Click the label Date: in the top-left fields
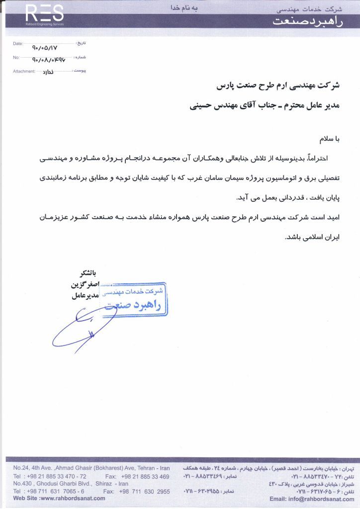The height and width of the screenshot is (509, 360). tap(18, 44)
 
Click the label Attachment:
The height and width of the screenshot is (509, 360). tap(24, 72)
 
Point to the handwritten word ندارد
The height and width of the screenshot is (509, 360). tap(45, 73)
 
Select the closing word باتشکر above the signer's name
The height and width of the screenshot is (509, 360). tap(84, 273)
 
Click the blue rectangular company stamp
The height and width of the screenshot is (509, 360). tap(134, 299)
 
